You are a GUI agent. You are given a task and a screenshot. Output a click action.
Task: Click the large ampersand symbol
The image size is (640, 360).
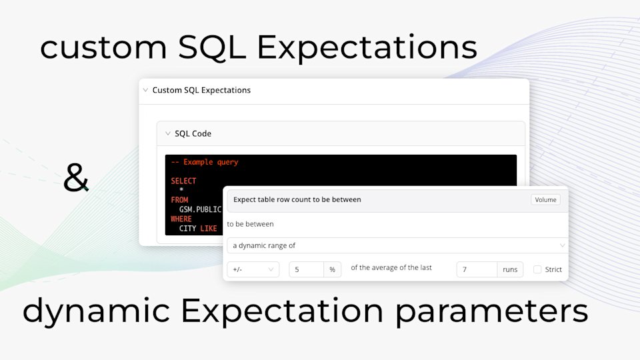pyautogui.click(x=76, y=178)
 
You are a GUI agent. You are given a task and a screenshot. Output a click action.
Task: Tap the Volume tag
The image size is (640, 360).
pyautogui.click(x=545, y=199)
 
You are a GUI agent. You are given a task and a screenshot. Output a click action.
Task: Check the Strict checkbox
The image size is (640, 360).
pyautogui.click(x=537, y=269)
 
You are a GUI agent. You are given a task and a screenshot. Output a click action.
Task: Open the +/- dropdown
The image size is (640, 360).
pyautogui.click(x=253, y=269)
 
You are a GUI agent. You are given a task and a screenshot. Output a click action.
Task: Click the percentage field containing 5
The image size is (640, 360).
pyautogui.click(x=307, y=269)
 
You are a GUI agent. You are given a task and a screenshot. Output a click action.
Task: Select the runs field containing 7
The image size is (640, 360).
pyautogui.click(x=477, y=269)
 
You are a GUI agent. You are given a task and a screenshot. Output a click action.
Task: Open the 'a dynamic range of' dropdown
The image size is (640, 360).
pyautogui.click(x=397, y=245)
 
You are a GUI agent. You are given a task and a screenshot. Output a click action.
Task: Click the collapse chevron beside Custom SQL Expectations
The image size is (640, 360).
pyautogui.click(x=145, y=90)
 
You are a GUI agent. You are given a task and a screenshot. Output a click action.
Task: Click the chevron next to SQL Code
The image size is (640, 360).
pyautogui.click(x=168, y=133)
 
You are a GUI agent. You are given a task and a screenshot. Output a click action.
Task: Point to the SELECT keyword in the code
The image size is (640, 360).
pyautogui.click(x=183, y=181)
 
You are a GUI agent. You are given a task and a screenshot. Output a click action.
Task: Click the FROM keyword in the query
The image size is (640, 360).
pyautogui.click(x=179, y=200)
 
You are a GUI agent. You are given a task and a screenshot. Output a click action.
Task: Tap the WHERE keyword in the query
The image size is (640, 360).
pyautogui.click(x=181, y=219)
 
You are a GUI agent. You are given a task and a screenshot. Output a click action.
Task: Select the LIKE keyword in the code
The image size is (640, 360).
pyautogui.click(x=209, y=229)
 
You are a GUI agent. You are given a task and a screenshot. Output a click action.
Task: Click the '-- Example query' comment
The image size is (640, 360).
pyautogui.click(x=205, y=162)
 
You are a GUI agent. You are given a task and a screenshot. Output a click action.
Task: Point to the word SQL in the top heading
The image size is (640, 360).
pyautogui.click(x=212, y=47)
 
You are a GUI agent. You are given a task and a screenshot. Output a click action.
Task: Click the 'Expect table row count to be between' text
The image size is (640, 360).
pyautogui.click(x=297, y=199)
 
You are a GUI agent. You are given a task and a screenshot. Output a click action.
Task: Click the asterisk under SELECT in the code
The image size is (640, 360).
pyautogui.click(x=181, y=190)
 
